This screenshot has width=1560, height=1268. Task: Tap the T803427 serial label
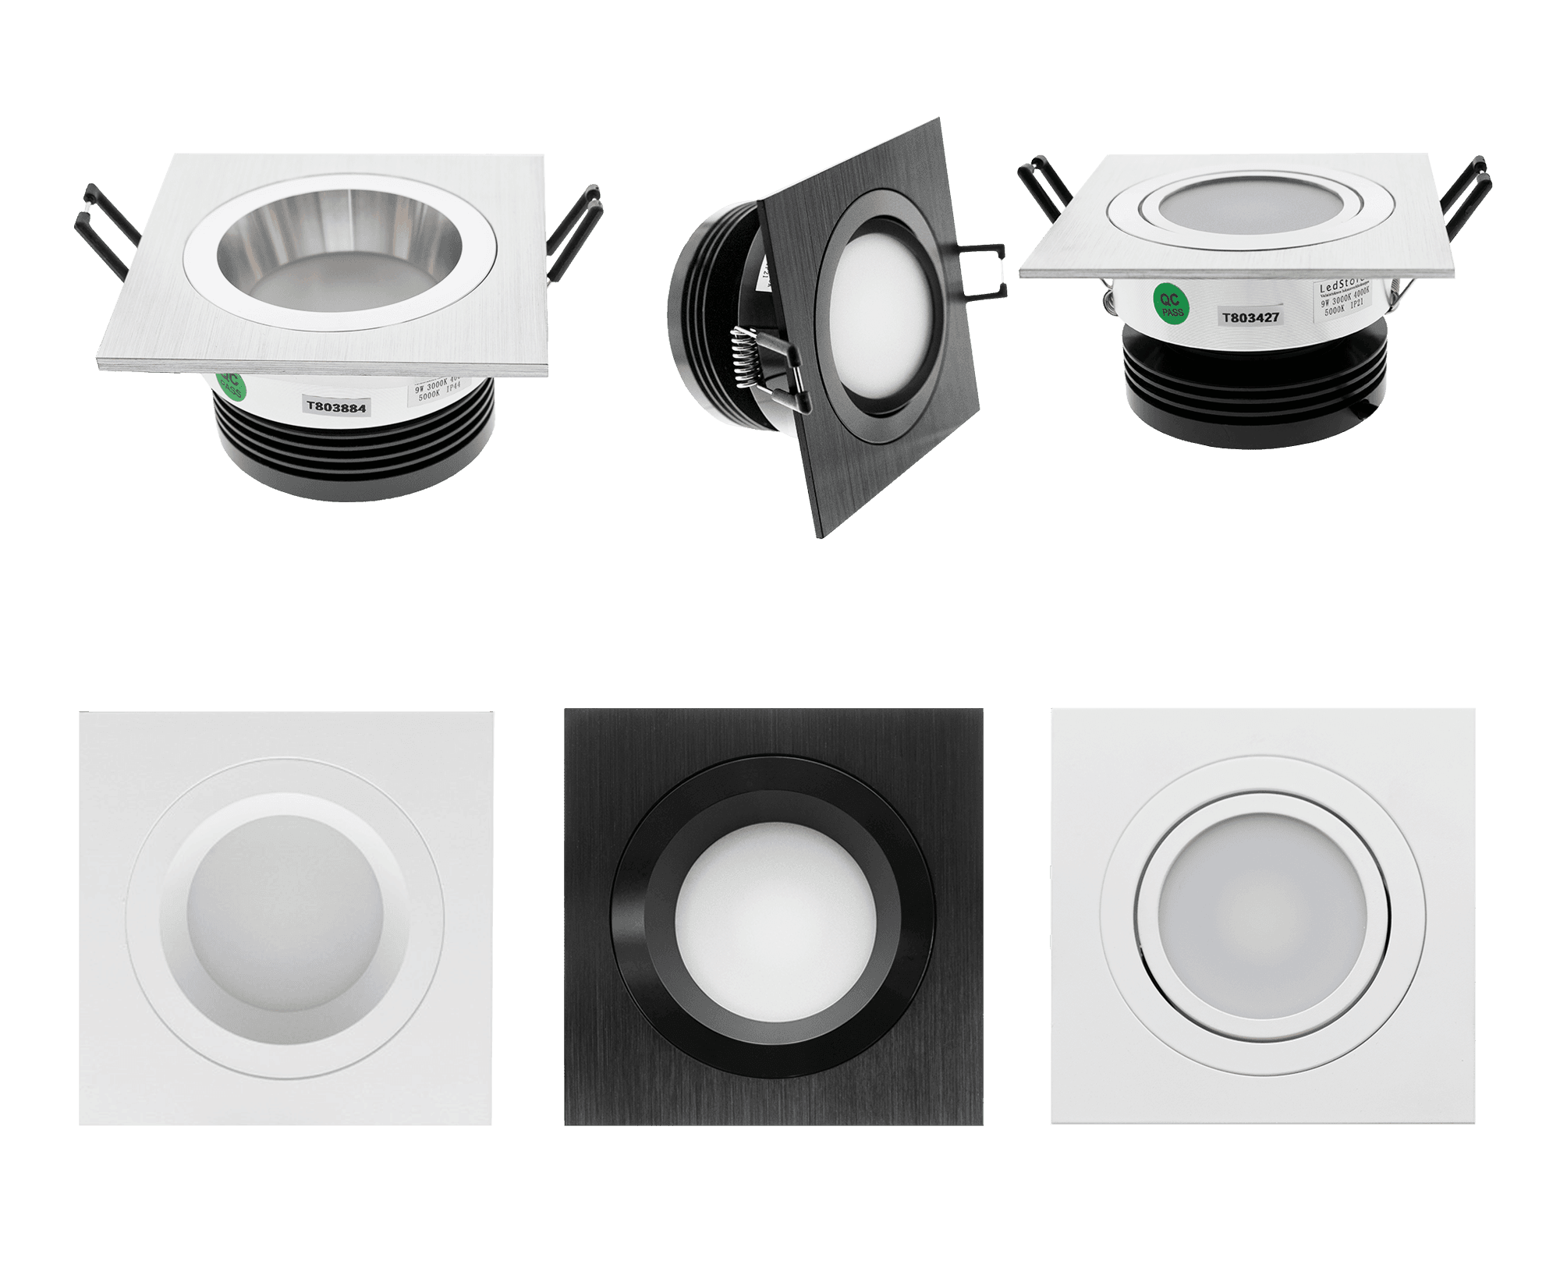click(1250, 317)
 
